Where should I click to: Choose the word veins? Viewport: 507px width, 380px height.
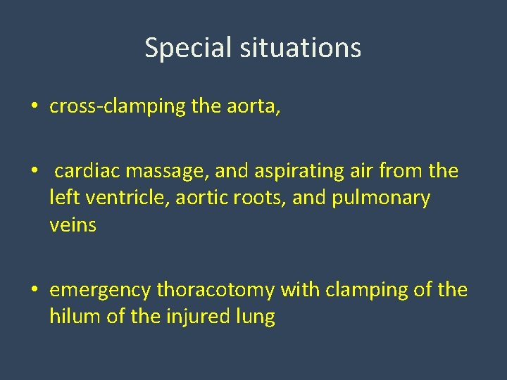(73, 225)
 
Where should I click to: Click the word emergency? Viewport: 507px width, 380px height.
(101, 290)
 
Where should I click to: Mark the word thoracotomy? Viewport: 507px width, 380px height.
(216, 290)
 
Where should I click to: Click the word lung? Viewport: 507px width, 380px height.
(256, 317)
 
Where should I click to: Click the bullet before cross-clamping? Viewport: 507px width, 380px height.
(35, 108)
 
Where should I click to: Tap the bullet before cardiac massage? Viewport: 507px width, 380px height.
(35, 172)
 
